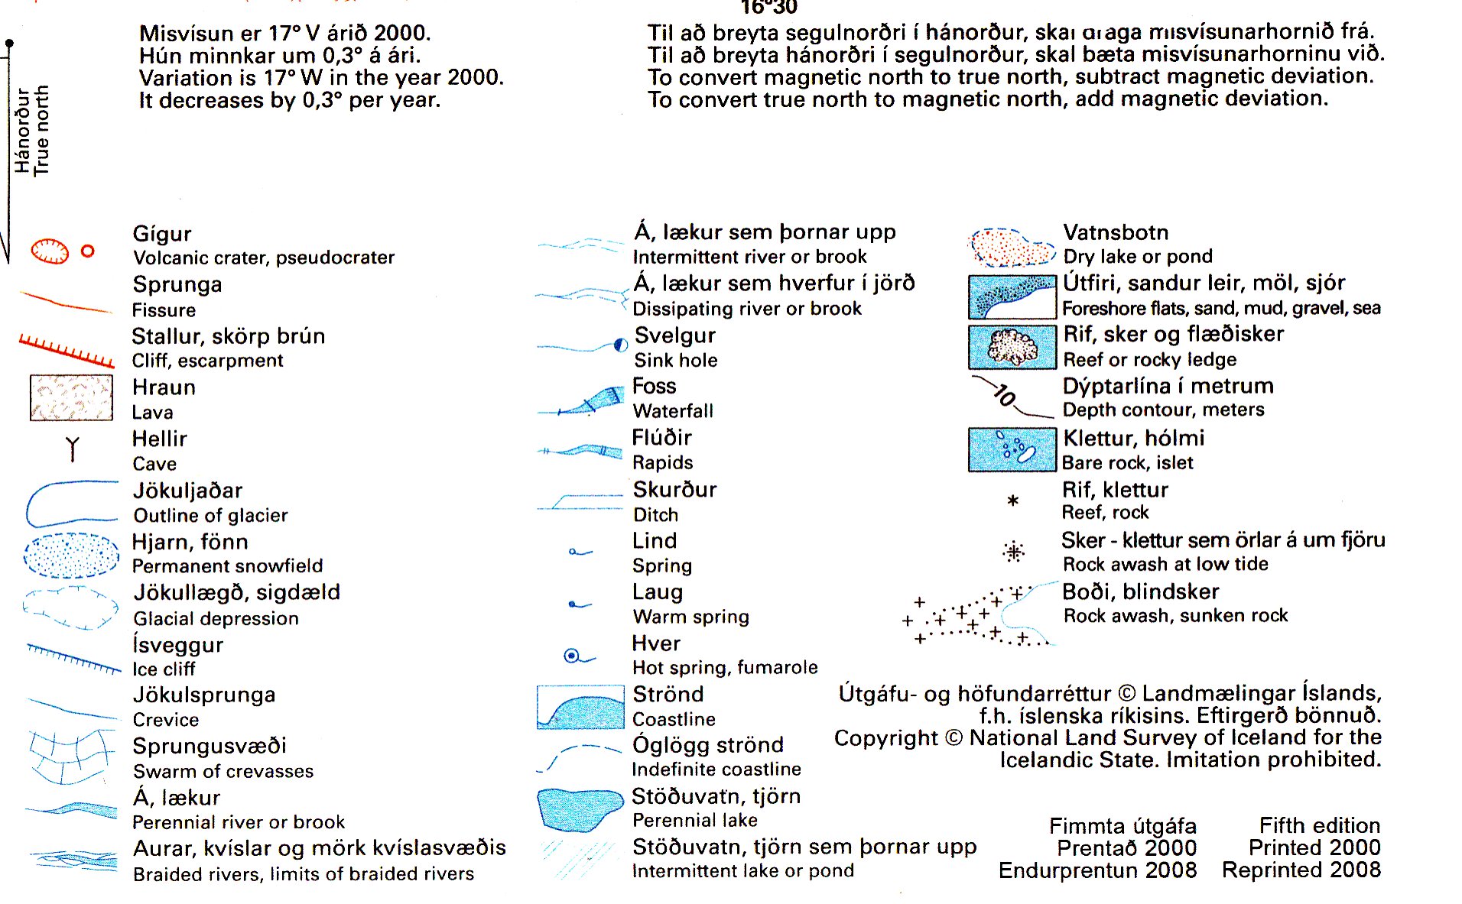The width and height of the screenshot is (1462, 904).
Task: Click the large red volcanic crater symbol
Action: click(50, 251)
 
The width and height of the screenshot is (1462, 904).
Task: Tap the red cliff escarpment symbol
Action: click(67, 350)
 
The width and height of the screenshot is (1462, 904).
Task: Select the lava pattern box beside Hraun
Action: click(71, 397)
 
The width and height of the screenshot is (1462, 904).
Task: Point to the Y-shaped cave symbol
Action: click(73, 449)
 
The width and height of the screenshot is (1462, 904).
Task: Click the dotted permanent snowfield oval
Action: click(71, 555)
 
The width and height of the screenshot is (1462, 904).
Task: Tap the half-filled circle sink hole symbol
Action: click(621, 345)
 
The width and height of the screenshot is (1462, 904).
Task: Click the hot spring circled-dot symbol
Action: click(571, 656)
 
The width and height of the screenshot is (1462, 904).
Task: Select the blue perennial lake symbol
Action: click(579, 808)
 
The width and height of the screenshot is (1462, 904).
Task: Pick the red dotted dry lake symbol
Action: click(1012, 247)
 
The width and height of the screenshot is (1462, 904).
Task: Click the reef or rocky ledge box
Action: click(1012, 347)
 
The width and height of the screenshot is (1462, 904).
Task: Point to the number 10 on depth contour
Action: click(1005, 395)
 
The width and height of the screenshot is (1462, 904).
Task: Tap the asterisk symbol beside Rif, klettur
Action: click(1013, 501)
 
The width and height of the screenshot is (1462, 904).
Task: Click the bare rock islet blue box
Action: click(1012, 449)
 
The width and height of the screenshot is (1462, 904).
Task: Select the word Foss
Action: click(655, 386)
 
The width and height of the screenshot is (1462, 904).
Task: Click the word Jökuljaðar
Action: click(187, 491)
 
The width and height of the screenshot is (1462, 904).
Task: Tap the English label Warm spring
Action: click(690, 617)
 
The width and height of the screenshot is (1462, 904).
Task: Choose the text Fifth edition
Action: click(1319, 826)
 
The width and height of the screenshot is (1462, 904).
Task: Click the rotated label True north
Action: click(42, 130)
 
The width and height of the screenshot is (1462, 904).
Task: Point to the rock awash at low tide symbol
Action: click(1014, 552)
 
